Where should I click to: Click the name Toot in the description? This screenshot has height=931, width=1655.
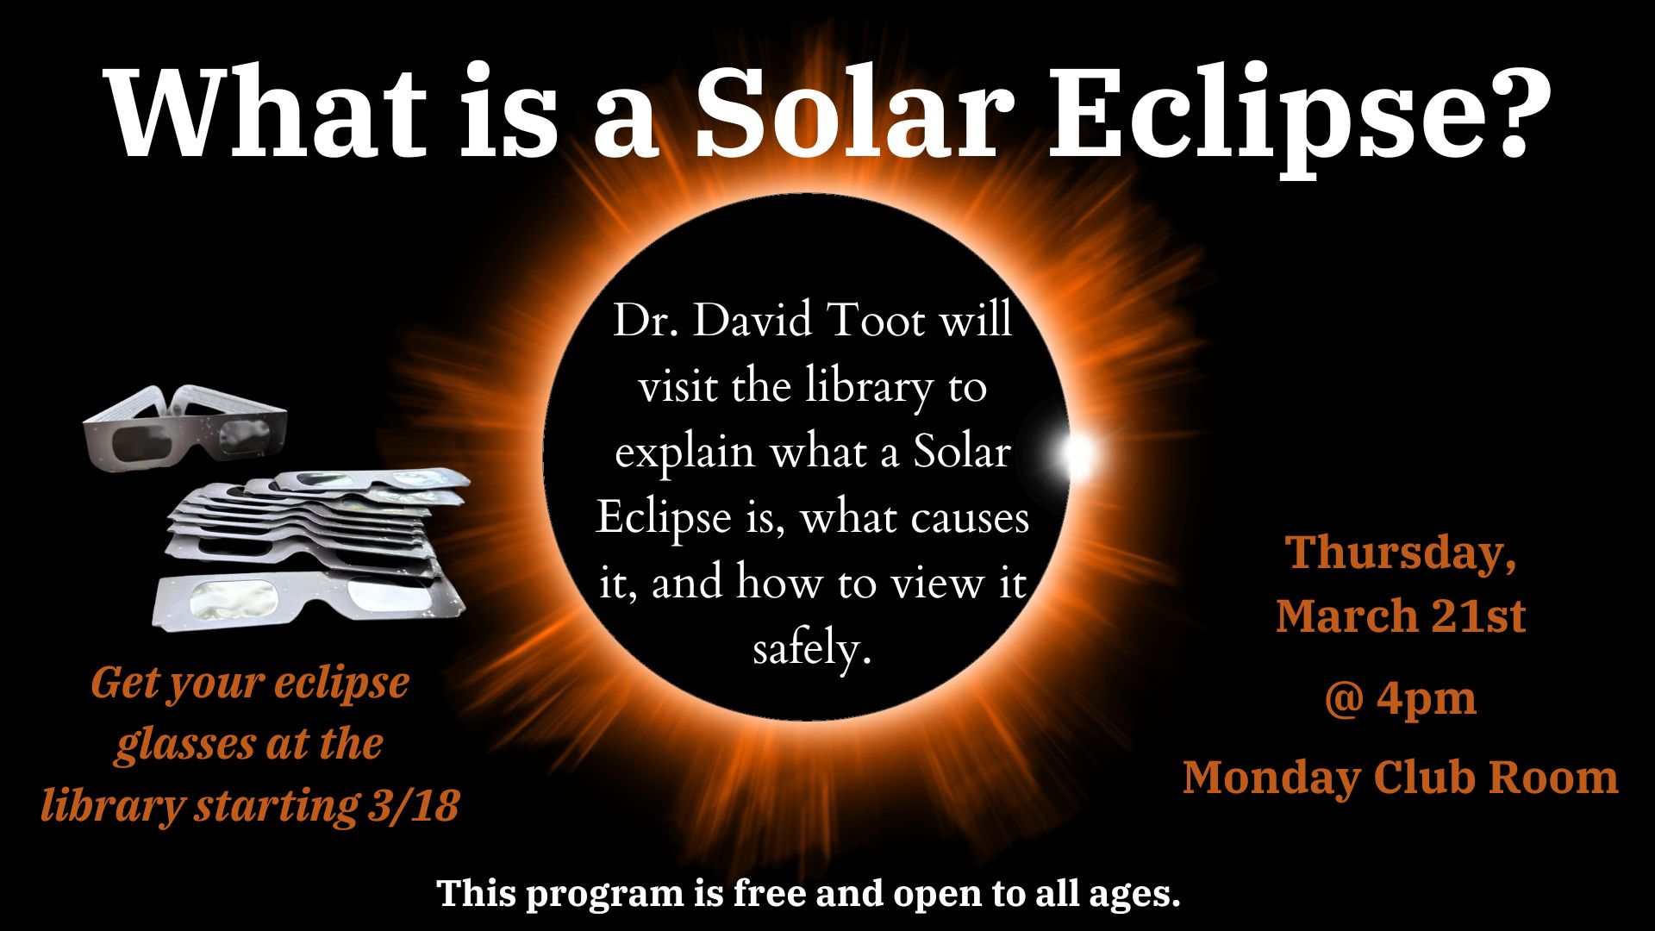pos(876,321)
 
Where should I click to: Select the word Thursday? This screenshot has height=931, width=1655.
pos(1401,553)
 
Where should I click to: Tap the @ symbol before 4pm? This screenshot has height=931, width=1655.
pos(1342,699)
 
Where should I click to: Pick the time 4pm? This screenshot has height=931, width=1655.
pos(1427,699)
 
